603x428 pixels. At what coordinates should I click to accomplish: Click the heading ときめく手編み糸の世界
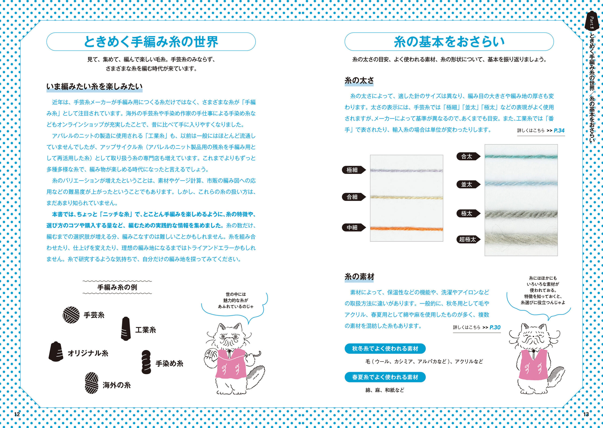[x=151, y=42]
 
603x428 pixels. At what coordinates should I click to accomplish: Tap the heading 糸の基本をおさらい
[x=449, y=42]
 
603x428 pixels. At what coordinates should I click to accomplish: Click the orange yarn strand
[x=406, y=229]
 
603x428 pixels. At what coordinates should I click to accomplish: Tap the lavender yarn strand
[x=406, y=170]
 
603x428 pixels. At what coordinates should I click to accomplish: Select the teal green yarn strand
[x=521, y=157]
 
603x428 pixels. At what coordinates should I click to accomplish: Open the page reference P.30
[x=495, y=327]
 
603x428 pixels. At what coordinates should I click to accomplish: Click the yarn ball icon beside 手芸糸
[x=71, y=315]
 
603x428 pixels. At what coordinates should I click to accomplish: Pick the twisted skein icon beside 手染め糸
[x=146, y=362]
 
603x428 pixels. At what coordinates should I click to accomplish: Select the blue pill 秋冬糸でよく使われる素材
[x=385, y=349]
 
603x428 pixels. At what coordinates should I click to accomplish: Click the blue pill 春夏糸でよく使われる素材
[x=385, y=377]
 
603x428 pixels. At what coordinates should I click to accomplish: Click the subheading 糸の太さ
[x=359, y=80]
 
